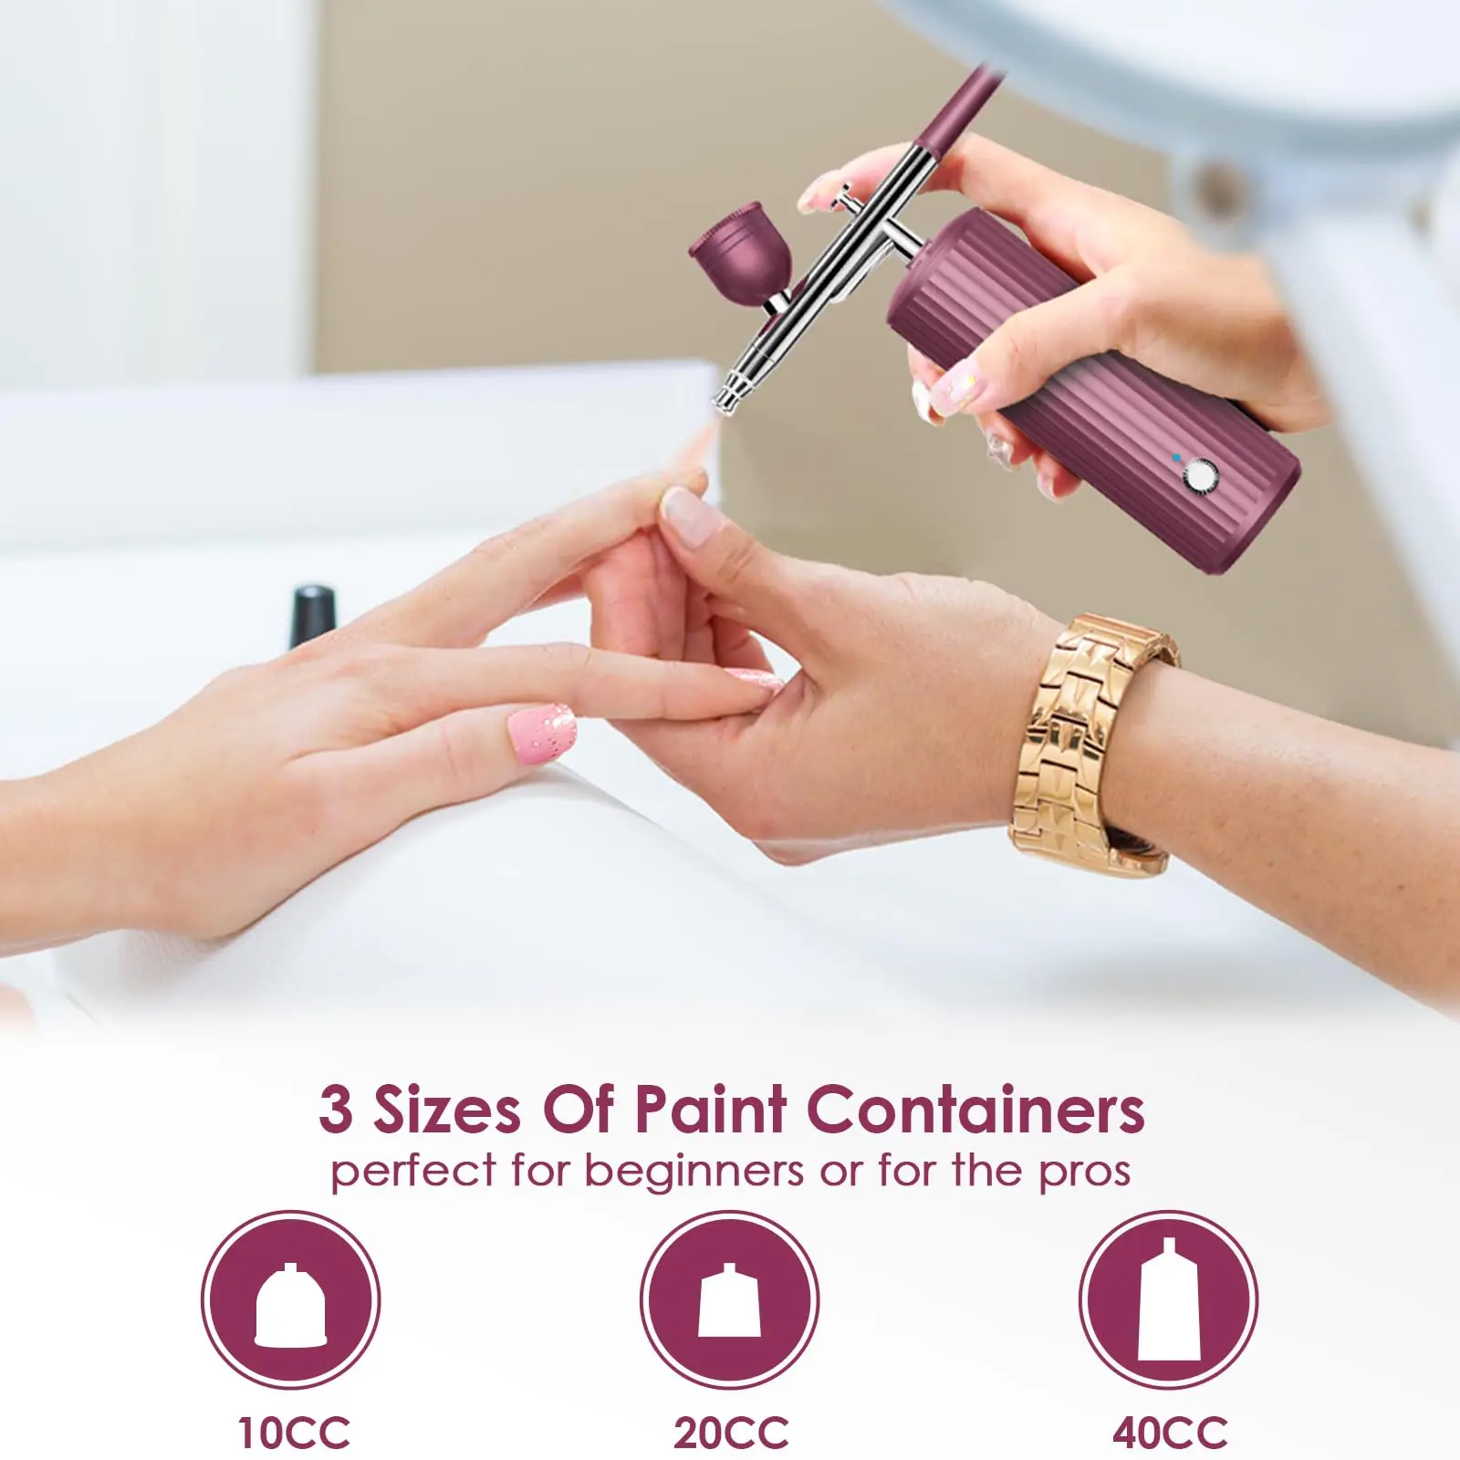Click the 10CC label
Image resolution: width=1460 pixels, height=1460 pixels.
pyautogui.click(x=294, y=1432)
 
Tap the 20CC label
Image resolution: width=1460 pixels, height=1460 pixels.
pyautogui.click(x=731, y=1432)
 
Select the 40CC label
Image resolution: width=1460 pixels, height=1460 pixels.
pyautogui.click(x=1170, y=1432)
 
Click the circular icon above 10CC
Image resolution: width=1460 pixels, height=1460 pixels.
pyautogui.click(x=291, y=1299)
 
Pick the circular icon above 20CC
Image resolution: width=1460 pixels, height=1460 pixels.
pyautogui.click(x=729, y=1299)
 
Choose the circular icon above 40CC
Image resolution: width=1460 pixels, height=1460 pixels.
pyautogui.click(x=1169, y=1299)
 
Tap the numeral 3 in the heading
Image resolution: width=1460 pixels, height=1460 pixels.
pyautogui.click(x=335, y=1111)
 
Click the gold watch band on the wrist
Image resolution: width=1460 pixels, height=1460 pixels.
pyautogui.click(x=1090, y=730)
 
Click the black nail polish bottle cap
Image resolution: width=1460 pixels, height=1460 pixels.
pyautogui.click(x=312, y=605)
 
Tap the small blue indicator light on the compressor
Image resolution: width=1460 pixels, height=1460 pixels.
pyautogui.click(x=1177, y=457)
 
